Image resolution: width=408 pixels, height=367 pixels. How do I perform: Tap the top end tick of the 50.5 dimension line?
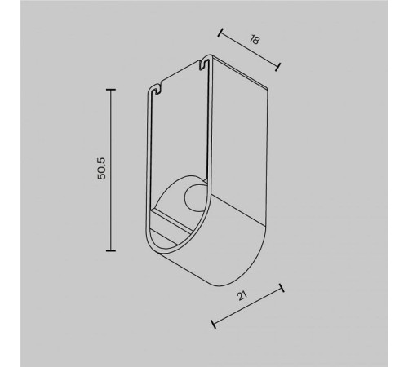pos(112,89)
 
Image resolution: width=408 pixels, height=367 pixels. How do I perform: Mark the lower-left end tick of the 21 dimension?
pos(214,324)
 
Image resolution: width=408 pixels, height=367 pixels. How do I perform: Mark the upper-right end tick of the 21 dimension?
pos(282,288)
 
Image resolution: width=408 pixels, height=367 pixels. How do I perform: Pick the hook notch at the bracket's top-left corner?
pos(153,88)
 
